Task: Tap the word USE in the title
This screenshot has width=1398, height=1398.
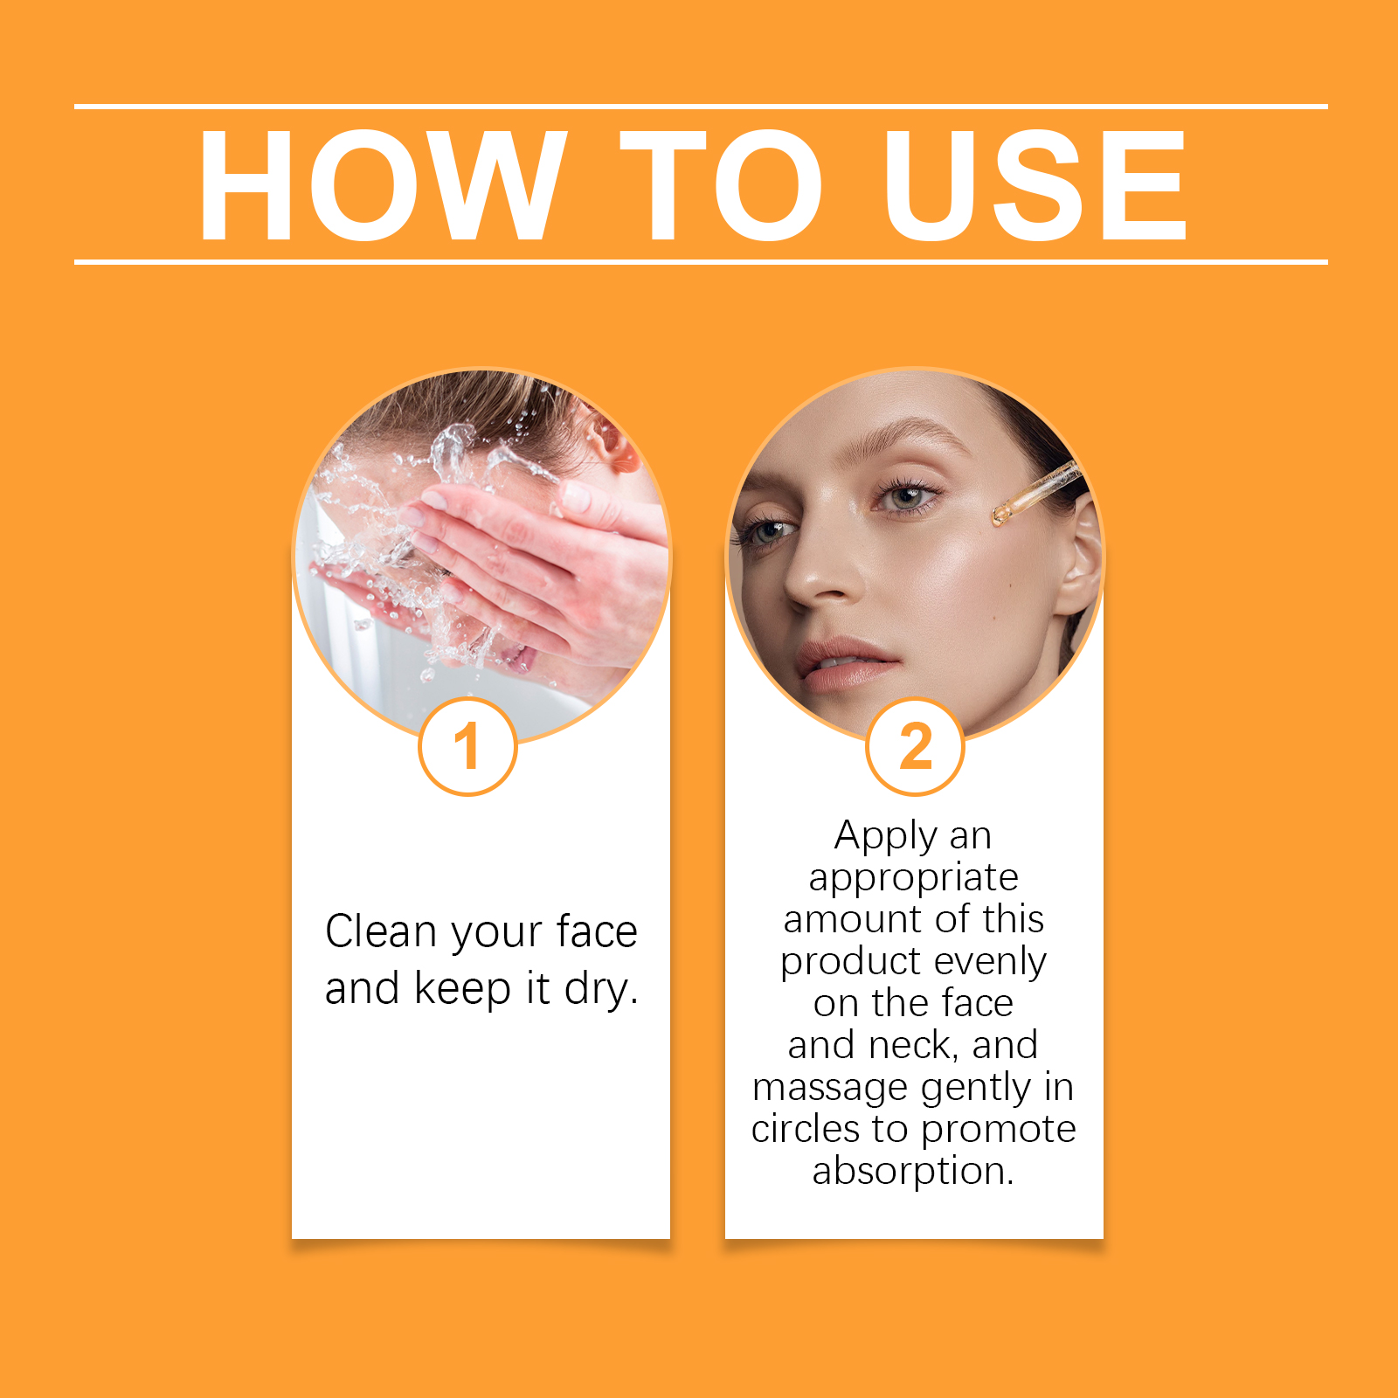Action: (x=1035, y=184)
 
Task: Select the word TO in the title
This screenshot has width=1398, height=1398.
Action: (x=722, y=184)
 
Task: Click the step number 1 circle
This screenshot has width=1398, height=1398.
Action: (x=468, y=747)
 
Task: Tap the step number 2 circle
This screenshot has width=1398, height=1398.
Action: (x=915, y=747)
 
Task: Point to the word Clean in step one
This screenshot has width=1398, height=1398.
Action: (x=381, y=931)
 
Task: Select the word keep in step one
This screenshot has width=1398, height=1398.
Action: (x=462, y=991)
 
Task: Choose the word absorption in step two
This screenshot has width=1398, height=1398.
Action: (x=913, y=1172)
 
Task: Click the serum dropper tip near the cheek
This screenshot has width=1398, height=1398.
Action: (x=998, y=517)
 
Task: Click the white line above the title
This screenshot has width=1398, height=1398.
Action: (x=701, y=107)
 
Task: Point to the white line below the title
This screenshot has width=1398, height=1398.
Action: (x=701, y=261)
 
